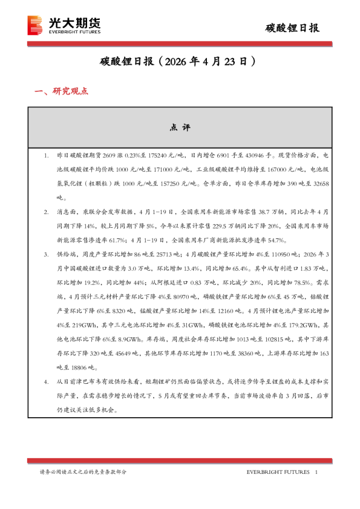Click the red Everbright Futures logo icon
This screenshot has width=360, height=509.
click(36, 25)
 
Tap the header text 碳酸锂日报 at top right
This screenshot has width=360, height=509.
click(293, 28)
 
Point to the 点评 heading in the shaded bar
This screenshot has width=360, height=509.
click(180, 128)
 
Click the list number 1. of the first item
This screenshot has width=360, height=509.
click(46, 156)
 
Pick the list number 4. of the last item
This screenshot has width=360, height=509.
click(46, 383)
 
